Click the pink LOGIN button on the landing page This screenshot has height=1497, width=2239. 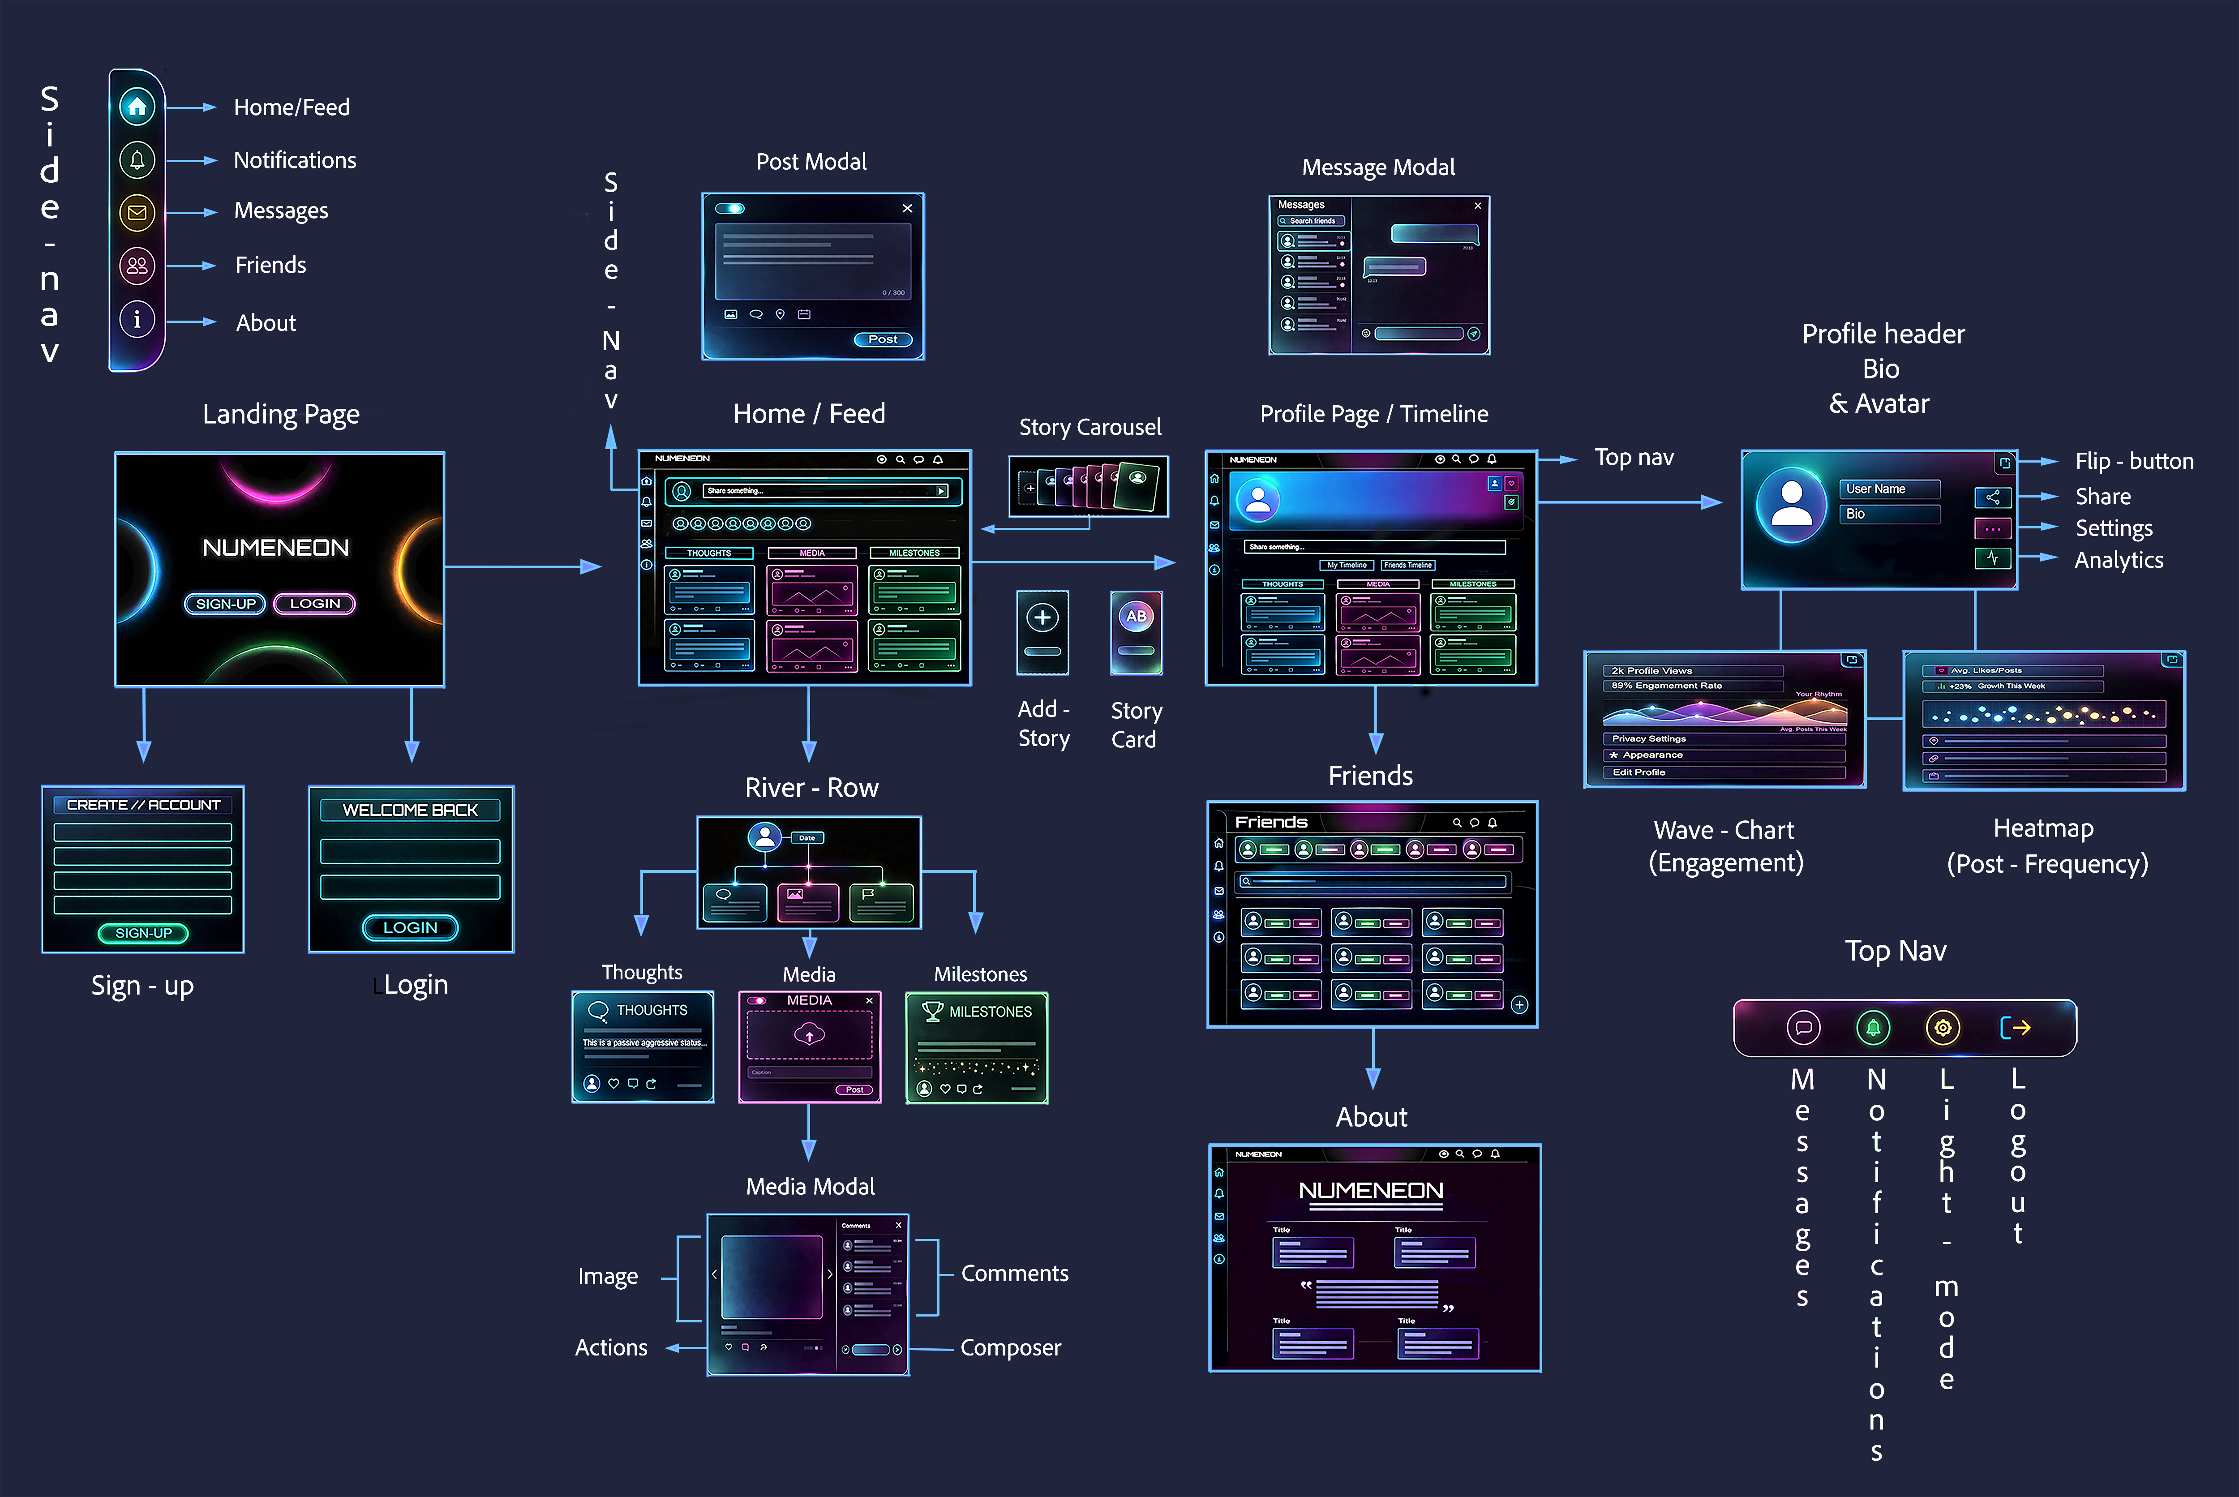coord(314,603)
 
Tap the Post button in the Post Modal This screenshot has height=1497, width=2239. coord(882,339)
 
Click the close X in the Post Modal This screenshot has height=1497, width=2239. coord(907,208)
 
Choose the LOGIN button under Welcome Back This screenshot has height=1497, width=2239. coord(411,927)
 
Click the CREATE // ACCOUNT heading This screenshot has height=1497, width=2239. coord(143,805)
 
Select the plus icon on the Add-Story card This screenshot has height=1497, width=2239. coord(1042,618)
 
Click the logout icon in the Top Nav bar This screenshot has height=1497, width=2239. coord(2015,1027)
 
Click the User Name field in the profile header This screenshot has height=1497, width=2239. coord(1890,489)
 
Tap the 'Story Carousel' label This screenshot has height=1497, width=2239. coord(1089,427)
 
